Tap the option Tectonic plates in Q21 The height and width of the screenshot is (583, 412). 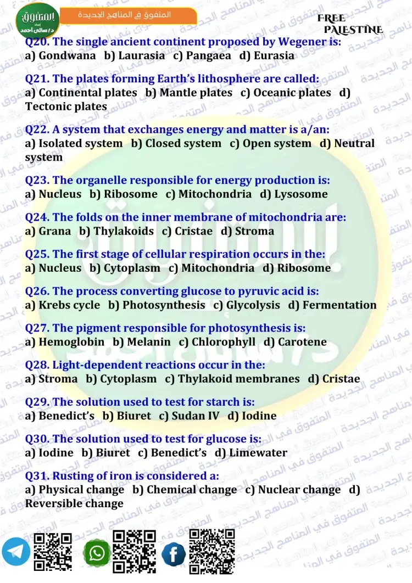66,106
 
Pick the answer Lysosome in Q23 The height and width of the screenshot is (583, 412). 300,194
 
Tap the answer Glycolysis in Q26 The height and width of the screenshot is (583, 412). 253,305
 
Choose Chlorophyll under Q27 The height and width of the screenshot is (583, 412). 224,342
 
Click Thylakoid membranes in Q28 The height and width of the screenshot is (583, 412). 238,379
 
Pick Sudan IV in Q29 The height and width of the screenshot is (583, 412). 195,416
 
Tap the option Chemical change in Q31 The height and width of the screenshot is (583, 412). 192,490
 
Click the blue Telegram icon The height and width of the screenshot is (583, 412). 16,552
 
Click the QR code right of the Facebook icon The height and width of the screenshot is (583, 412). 211,551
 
